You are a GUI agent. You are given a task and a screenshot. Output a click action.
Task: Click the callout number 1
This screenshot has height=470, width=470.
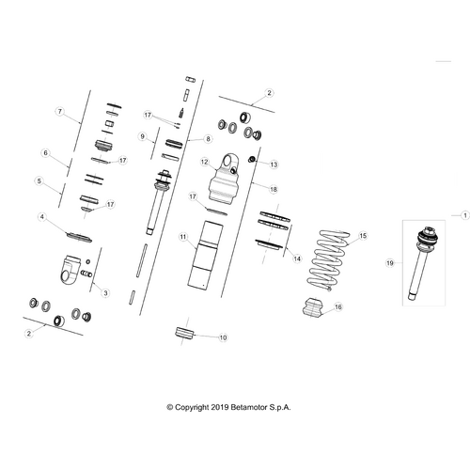[465, 215]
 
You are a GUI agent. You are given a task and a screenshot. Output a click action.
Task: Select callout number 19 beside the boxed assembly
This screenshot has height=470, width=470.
[390, 263]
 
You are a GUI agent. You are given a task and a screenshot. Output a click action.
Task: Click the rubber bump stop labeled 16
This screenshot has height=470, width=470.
[313, 307]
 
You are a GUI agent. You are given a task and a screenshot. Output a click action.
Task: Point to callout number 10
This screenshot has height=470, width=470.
[223, 337]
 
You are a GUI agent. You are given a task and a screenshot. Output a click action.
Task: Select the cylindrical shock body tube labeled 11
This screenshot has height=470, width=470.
[205, 256]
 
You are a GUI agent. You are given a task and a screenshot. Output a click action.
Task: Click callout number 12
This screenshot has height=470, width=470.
[204, 162]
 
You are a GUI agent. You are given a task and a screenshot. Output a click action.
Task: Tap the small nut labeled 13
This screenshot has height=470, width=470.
[251, 160]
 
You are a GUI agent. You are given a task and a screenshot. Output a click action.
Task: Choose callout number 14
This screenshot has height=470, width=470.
[297, 258]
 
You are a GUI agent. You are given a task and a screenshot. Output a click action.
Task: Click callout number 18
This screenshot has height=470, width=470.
[274, 189]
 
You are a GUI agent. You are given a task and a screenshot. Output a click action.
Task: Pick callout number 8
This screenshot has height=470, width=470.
[208, 139]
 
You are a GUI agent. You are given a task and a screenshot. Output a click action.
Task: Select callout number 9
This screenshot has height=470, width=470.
[143, 136]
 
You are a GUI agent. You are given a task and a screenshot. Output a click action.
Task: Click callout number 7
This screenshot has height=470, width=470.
[60, 111]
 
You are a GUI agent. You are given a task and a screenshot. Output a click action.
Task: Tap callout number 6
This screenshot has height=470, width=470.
[46, 153]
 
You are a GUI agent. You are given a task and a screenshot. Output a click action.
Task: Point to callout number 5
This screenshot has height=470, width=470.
[39, 181]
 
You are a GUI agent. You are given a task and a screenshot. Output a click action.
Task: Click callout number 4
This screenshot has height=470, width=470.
[42, 217]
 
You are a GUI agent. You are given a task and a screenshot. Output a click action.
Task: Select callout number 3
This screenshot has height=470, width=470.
[105, 293]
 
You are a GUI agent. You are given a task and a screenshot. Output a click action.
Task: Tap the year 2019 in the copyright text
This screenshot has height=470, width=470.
[220, 407]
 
